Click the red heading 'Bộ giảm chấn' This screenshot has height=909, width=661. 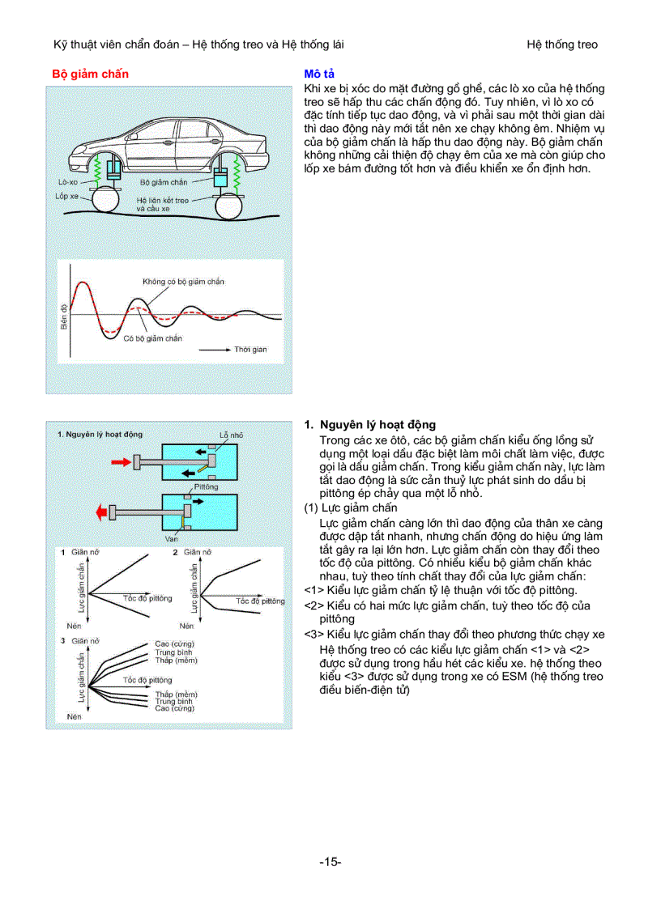click(91, 74)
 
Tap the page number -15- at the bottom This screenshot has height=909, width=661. click(330, 861)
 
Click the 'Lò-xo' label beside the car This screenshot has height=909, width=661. click(68, 182)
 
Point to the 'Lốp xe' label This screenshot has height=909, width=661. click(67, 196)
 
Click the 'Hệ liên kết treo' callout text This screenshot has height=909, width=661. click(162, 200)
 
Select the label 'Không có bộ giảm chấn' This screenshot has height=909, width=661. click(183, 282)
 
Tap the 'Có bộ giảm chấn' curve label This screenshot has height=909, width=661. click(152, 338)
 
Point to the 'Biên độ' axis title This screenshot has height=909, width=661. click(64, 316)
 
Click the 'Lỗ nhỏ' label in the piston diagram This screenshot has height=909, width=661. click(231, 435)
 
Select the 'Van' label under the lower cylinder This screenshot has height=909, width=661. click(171, 538)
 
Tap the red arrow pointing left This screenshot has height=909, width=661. click(104, 512)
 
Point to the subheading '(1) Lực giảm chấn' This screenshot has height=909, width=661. click(350, 508)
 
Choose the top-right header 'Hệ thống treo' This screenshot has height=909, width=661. click(561, 45)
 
